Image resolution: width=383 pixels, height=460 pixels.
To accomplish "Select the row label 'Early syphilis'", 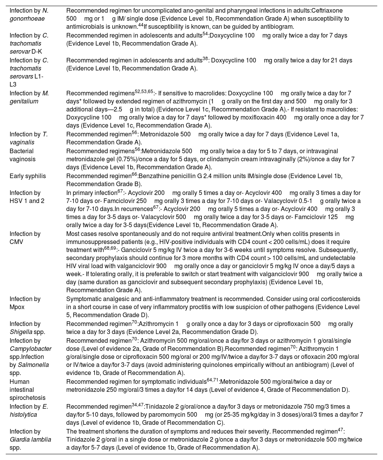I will point(28,176).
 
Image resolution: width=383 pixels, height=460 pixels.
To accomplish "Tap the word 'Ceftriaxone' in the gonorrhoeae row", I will point(329,11).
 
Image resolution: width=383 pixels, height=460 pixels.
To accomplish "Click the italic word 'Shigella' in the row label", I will point(20,332).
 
